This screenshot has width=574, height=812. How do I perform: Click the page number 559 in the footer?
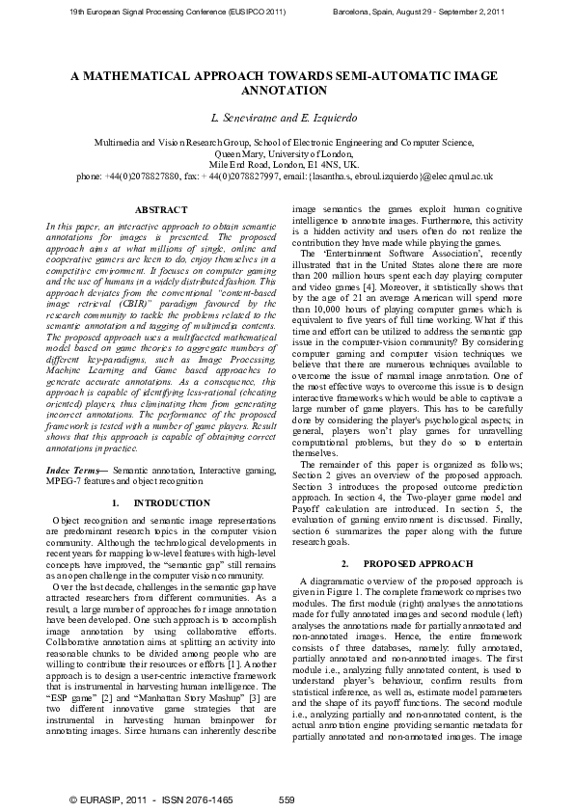pyautogui.click(x=287, y=800)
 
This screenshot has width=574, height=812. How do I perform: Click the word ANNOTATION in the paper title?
pyautogui.click(x=287, y=90)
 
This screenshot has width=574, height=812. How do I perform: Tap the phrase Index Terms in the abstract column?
pyautogui.click(x=74, y=468)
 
